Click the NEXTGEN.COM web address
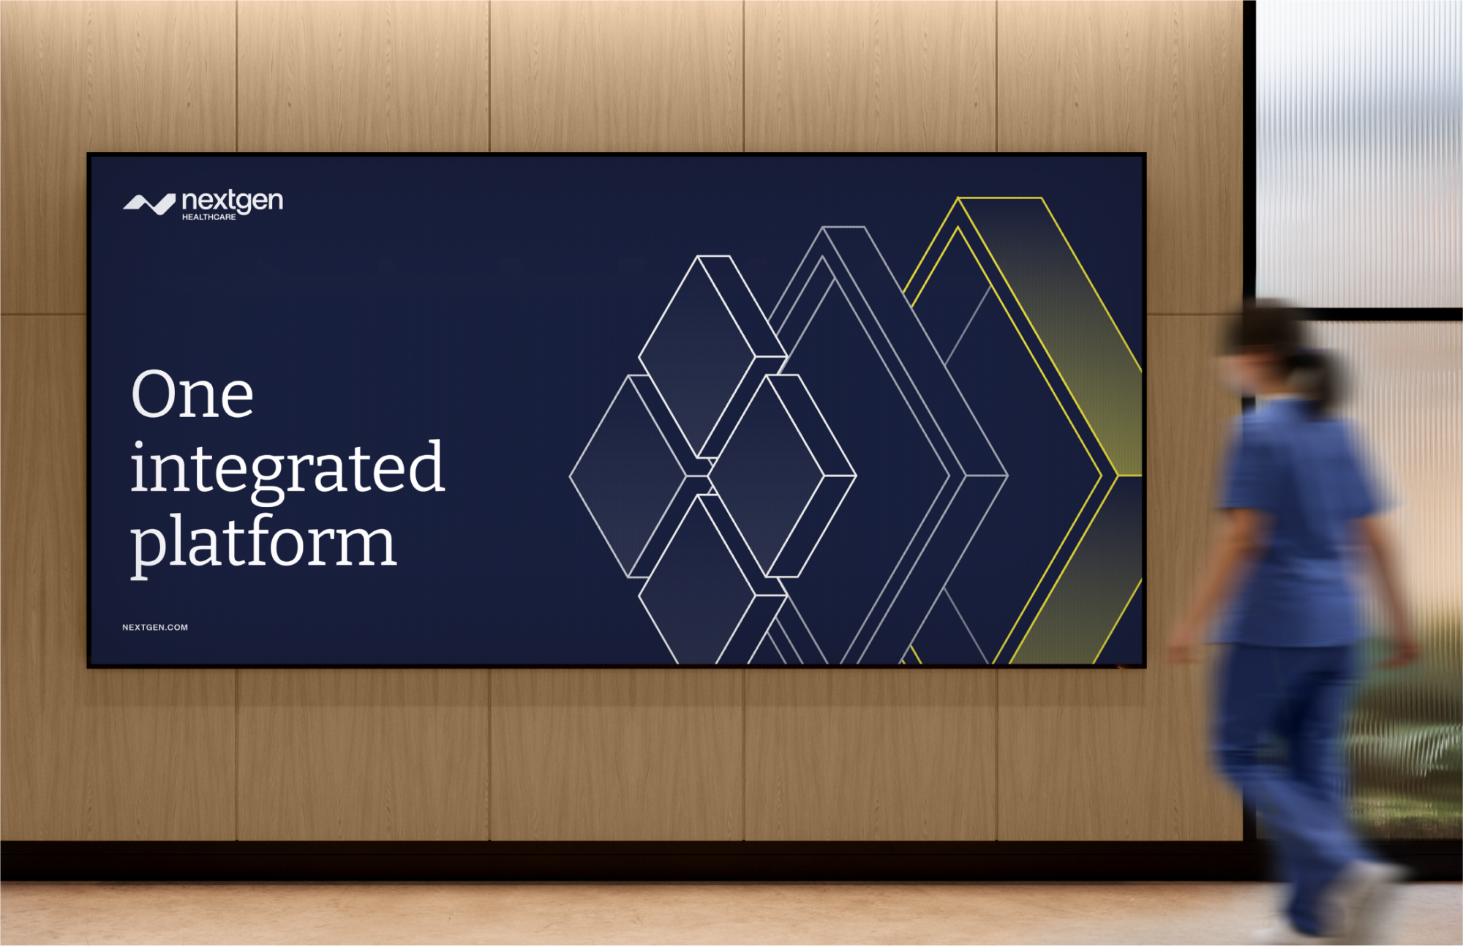[155, 627]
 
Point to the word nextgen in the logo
[233, 200]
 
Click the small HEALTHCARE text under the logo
[209, 217]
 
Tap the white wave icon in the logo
[149, 204]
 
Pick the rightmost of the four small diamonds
[782, 476]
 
